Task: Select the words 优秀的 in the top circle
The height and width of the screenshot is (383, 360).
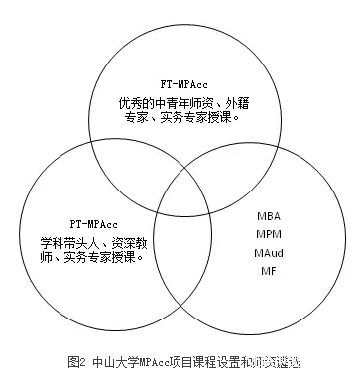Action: (x=132, y=102)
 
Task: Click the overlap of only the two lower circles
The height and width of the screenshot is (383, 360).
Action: (x=180, y=258)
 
